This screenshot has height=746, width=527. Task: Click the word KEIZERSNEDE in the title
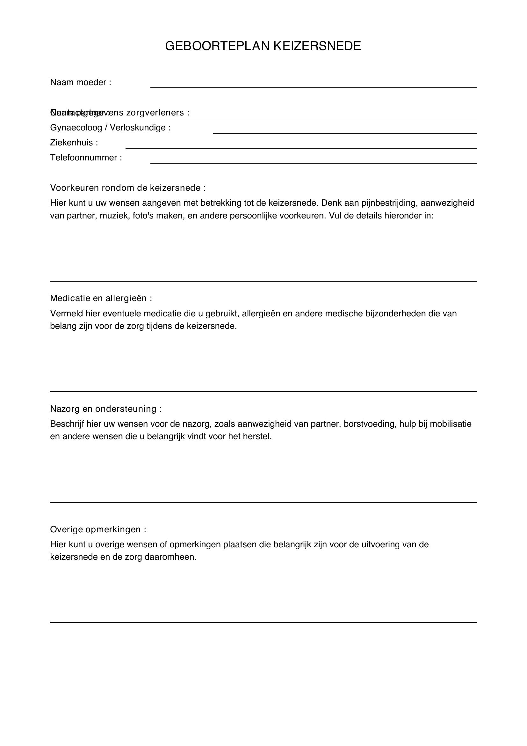tap(317, 46)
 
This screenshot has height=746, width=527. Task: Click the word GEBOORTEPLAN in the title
tap(217, 46)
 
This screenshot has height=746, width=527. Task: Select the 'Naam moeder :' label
tap(81, 83)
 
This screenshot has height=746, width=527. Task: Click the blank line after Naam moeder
tap(313, 87)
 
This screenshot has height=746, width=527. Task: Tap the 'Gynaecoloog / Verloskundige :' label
tap(110, 128)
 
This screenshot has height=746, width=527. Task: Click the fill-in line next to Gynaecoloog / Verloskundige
tap(345, 132)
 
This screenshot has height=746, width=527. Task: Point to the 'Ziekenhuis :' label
tap(74, 143)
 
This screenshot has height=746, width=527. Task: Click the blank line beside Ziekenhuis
tap(301, 148)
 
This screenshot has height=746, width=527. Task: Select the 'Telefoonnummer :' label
tap(86, 158)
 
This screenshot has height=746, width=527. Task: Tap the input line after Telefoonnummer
tap(313, 162)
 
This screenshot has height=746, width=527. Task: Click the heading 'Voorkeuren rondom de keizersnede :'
tap(128, 188)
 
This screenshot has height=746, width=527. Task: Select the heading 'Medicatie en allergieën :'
tap(101, 298)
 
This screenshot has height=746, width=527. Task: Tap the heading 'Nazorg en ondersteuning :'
tap(106, 409)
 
